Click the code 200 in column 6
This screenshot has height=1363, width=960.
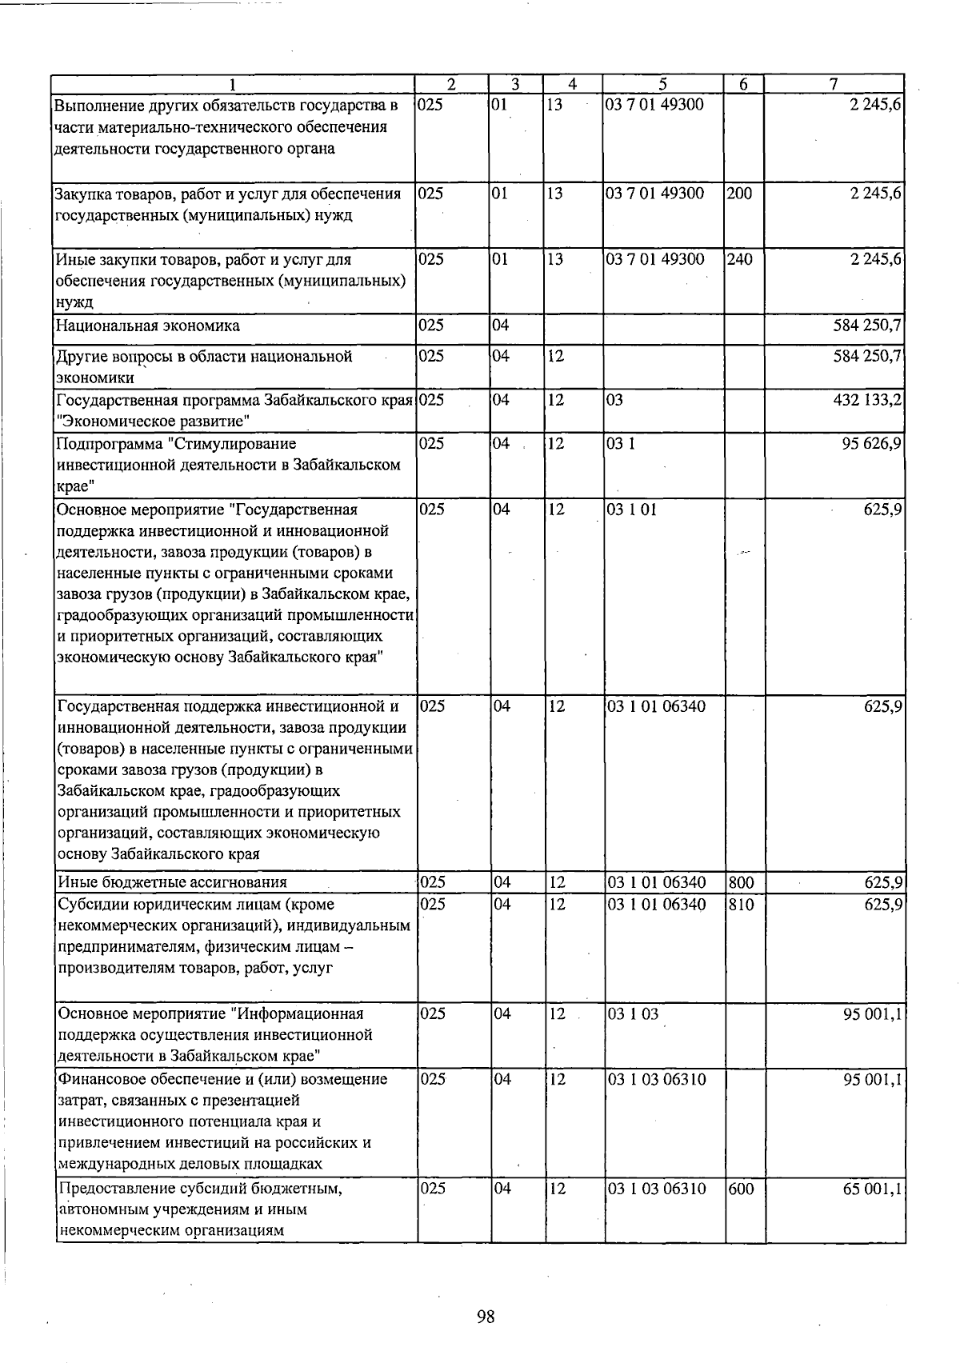coord(740,194)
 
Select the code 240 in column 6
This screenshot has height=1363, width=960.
coord(740,260)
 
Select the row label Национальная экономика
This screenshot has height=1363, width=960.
coord(148,326)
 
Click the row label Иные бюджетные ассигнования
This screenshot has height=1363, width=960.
coord(172,883)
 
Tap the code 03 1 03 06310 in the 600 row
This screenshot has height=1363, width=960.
coord(657,1189)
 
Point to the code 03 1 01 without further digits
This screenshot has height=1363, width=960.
coord(632,510)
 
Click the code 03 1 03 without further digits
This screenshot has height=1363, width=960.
coord(633,1014)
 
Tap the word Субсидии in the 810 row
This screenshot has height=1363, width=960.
coord(89,905)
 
